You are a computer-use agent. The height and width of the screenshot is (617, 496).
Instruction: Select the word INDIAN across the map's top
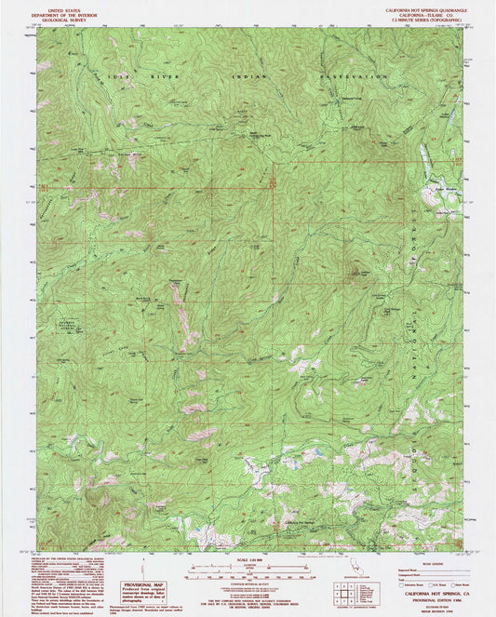pyautogui.click(x=251, y=76)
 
